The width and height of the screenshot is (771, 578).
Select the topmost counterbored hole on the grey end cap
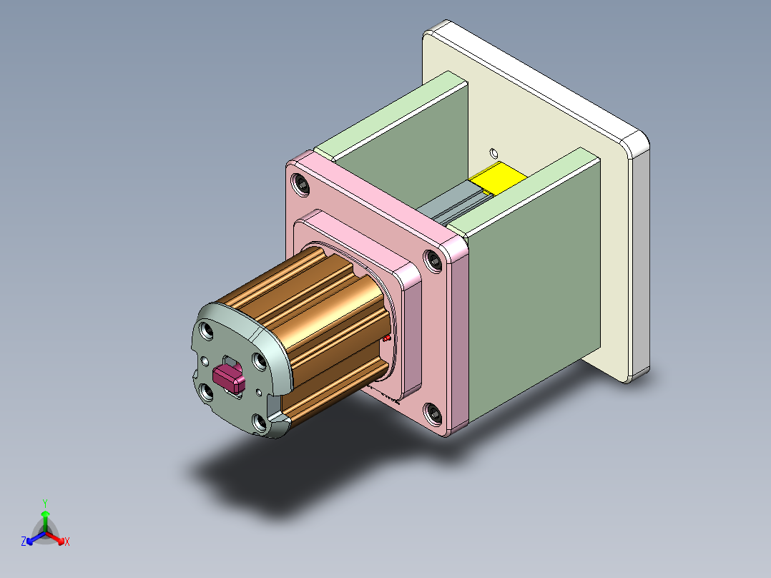point(207,330)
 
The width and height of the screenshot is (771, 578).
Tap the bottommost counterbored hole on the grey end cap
point(259,423)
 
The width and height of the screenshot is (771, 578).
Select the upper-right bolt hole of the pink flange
point(433,261)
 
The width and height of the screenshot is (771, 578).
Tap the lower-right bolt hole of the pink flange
point(432,413)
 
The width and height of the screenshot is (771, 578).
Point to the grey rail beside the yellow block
point(451,204)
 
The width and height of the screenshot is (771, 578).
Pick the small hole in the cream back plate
point(492,152)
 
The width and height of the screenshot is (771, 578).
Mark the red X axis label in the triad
point(67,542)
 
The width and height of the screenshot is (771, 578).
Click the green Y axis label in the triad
point(44,503)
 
